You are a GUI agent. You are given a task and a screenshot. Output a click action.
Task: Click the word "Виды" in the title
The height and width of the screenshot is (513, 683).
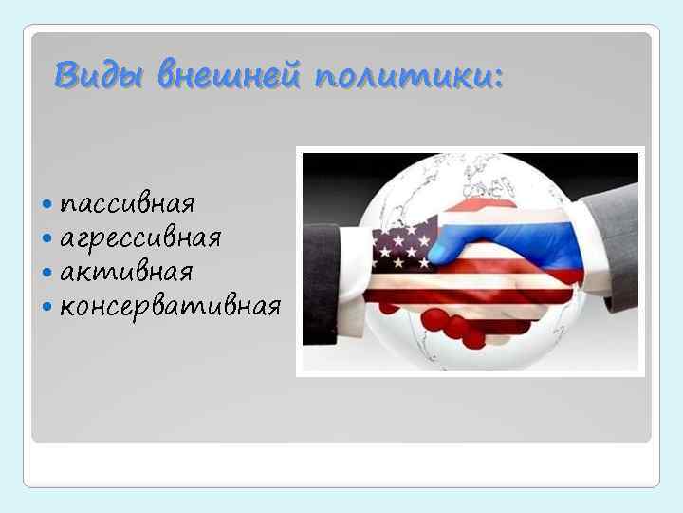tap(98, 72)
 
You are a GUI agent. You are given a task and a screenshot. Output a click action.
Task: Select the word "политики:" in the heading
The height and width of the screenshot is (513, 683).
tap(409, 72)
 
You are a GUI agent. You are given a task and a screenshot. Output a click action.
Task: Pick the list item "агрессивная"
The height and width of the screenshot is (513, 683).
tap(140, 238)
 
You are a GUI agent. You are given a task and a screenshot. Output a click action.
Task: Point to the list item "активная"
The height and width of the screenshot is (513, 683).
tap(126, 273)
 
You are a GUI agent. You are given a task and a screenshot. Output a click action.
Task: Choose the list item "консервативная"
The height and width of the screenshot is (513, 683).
tap(170, 306)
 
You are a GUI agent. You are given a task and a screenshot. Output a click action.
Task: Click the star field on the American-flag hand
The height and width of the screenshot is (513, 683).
tap(398, 248)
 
